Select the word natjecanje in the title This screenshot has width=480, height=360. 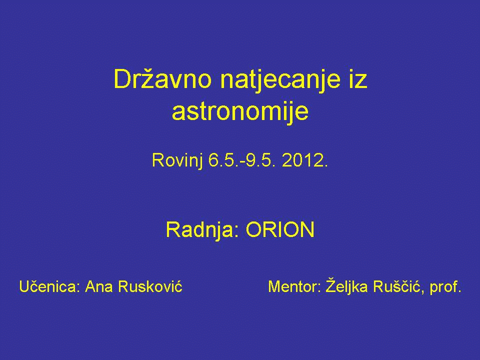(280, 81)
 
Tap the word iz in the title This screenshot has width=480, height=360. (358, 79)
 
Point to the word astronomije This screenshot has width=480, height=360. (240, 112)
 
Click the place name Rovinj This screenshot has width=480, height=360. (177, 161)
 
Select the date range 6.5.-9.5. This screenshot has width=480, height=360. (240, 160)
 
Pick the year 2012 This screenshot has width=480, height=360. (305, 160)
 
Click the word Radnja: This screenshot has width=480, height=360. (202, 230)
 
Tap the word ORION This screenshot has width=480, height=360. (280, 229)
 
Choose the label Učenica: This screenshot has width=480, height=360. (49, 286)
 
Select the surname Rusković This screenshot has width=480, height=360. (150, 286)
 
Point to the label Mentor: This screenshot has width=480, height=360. (294, 287)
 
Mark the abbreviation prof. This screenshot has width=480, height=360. (445, 287)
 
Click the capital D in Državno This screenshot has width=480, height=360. (122, 79)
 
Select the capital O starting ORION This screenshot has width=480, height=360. (255, 229)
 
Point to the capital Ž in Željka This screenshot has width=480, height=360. (330, 285)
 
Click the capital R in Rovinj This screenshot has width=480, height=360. (158, 160)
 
